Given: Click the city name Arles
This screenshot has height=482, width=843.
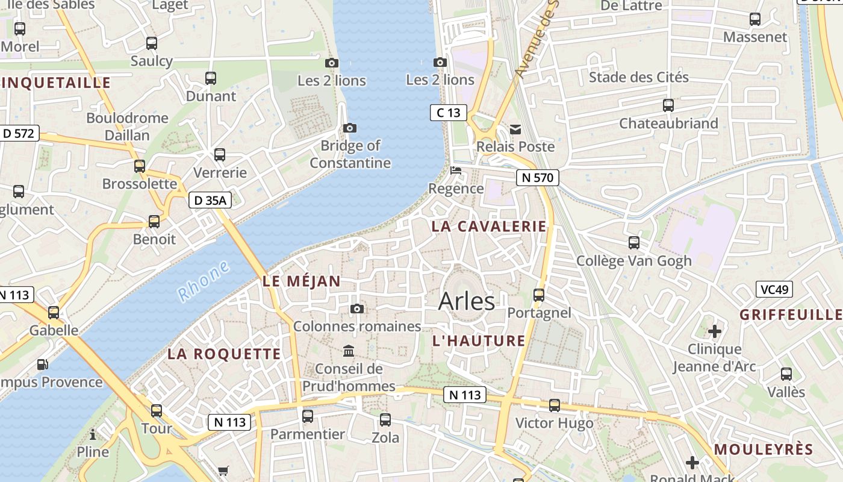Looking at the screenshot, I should click(x=467, y=301).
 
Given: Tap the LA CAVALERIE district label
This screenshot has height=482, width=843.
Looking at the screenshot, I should click(x=489, y=227).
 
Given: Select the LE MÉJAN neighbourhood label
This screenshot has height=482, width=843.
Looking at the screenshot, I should click(x=302, y=281).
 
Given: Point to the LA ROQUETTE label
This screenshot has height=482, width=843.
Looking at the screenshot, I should click(x=224, y=354).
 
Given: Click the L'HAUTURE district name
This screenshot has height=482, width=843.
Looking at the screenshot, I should click(x=479, y=341).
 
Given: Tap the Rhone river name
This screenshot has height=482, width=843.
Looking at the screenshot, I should click(x=204, y=281).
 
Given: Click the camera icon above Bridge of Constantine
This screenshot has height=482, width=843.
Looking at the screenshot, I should click(x=350, y=128).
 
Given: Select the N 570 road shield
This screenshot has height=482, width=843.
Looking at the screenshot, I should click(x=538, y=178).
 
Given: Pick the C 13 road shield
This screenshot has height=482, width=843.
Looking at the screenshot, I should click(x=449, y=112).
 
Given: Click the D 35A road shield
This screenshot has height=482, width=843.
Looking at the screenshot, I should click(x=210, y=201).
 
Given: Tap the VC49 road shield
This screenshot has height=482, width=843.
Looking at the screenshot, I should click(x=774, y=289).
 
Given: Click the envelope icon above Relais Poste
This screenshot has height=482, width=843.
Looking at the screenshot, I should click(x=515, y=129).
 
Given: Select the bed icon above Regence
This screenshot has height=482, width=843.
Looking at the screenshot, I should click(x=456, y=171).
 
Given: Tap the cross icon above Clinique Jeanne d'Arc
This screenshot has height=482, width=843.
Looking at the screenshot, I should click(x=715, y=331).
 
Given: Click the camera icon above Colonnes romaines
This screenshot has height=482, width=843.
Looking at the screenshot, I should click(x=357, y=309).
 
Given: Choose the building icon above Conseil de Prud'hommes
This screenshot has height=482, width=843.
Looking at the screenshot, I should click(x=349, y=351).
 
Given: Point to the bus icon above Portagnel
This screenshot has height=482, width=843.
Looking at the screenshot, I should click(x=539, y=295).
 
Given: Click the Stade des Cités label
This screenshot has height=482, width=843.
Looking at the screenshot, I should click(x=638, y=77).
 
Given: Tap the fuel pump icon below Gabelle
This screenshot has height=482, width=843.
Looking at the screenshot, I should click(x=42, y=364).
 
